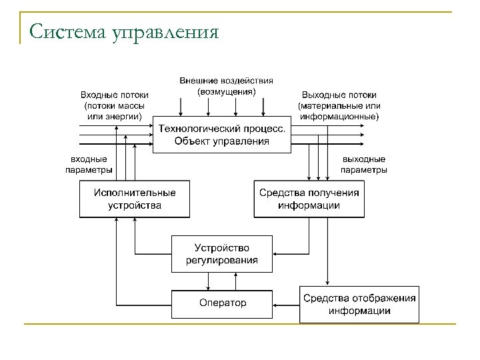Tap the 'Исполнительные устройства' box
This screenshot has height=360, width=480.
point(135,199)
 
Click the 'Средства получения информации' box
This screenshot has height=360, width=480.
point(309,199)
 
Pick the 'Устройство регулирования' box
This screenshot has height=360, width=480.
point(222,253)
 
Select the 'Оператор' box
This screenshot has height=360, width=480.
point(222,303)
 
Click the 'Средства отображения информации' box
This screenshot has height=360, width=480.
point(359,303)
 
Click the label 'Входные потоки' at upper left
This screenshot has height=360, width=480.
point(114,95)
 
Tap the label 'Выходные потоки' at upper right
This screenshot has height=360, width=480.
point(339,95)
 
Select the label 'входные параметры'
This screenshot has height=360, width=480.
point(89,165)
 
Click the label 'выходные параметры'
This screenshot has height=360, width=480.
point(363,165)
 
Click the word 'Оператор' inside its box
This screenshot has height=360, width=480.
point(222,303)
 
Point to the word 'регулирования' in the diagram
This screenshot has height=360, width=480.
point(222,260)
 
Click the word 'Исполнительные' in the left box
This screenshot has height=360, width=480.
point(135,193)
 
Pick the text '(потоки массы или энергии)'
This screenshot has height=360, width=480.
point(114,111)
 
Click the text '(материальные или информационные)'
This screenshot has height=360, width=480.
point(339,111)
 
